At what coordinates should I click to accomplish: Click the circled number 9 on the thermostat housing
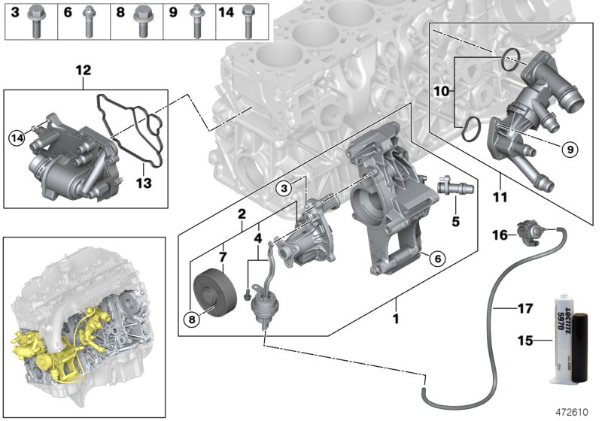(570, 150)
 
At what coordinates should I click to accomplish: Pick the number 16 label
(499, 235)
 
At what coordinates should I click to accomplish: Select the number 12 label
(83, 71)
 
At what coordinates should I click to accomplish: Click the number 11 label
(500, 198)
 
